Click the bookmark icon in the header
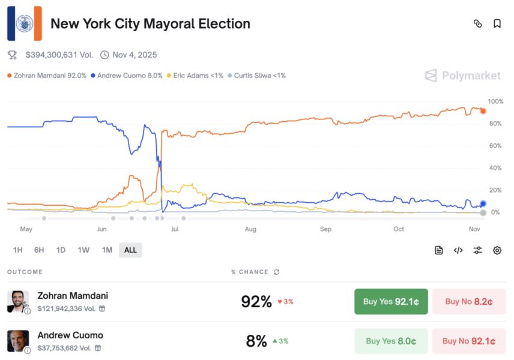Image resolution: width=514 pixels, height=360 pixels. tap(497, 24)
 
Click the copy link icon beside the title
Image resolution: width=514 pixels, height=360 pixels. tap(478, 24)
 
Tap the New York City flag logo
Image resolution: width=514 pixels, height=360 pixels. tap(25, 23)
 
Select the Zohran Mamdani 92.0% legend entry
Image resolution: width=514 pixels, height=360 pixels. tap(47, 76)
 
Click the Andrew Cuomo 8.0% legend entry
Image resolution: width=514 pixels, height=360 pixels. tap(126, 76)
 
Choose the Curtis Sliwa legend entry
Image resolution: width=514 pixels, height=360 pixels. tap(256, 76)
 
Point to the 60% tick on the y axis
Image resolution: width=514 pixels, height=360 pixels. tap(495, 146)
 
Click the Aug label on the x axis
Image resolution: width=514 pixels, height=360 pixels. tap(250, 229)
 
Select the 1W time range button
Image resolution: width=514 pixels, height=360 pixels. tap(83, 250)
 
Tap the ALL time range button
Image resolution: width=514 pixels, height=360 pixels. tap(130, 250)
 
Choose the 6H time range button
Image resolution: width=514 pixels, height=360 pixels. tap(39, 250)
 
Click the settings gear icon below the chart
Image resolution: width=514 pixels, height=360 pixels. tap(497, 250)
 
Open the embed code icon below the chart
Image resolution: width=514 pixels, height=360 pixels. tap(458, 250)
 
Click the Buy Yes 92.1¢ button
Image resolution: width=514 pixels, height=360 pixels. tap(391, 301)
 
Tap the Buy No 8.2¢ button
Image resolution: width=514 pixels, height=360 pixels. tap(469, 301)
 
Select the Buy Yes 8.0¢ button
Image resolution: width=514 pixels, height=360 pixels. tap(391, 341)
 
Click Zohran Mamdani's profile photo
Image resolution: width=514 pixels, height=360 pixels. tap(18, 301)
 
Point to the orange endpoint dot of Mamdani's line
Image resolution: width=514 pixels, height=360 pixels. tap(483, 111)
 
